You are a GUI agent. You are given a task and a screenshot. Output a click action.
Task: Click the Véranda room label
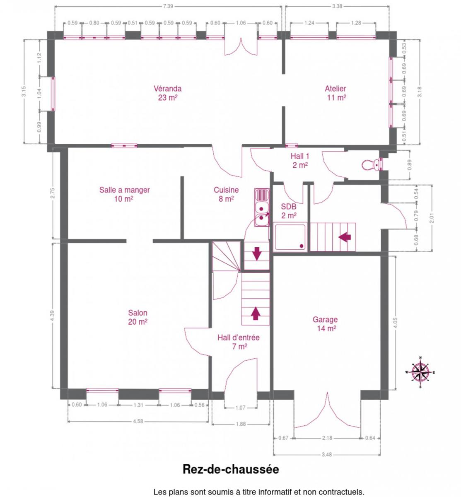coord(167,93)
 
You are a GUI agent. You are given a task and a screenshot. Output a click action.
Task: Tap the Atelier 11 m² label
coord(335,93)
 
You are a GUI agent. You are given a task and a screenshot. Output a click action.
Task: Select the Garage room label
coord(326,324)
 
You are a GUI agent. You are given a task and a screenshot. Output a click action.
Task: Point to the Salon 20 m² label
coord(138,317)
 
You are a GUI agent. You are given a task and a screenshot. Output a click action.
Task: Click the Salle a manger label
coord(124,194)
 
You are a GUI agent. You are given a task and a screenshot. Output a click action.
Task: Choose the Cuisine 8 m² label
coord(226,194)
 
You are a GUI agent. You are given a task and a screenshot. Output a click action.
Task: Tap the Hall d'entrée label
coord(238,342)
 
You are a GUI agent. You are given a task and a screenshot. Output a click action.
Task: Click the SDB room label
coord(289,211)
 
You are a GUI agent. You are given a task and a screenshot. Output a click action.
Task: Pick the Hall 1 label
coord(300,160)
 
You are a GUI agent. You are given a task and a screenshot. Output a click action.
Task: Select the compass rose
coord(420,372)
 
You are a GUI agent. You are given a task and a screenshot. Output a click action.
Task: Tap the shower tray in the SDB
coord(290,236)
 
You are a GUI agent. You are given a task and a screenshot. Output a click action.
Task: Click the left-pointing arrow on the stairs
coord(345,237)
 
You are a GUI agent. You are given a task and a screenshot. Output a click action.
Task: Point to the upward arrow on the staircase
coord(255,314)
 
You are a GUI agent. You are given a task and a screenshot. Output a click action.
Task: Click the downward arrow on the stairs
coord(257,253)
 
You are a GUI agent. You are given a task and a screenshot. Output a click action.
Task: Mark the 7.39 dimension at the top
coord(168,6)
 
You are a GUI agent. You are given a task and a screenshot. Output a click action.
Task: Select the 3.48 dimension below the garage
coord(327,454)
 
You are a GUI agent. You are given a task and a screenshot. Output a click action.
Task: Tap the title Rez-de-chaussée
coord(230,469)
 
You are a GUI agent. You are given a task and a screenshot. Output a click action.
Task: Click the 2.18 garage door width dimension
coord(327,438)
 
